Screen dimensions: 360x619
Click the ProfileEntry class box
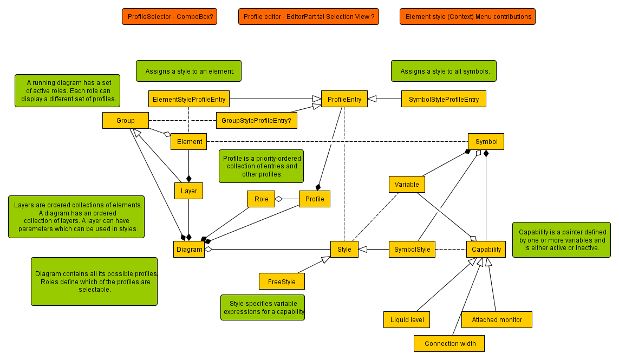344,99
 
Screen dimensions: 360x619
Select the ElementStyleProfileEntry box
189,99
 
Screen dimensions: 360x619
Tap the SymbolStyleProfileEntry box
444,99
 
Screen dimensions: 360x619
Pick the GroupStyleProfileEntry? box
256,120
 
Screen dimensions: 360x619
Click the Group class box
126,120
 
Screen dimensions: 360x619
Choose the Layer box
188,191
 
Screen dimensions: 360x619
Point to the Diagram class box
189,250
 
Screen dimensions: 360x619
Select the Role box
261,199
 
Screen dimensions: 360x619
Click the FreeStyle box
282,282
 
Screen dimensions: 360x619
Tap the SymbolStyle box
412,250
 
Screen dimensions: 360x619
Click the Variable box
407,184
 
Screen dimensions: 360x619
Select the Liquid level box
407,319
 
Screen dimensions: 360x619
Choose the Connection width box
449,343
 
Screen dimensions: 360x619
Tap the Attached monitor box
497,319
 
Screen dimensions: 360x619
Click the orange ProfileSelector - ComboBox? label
170,17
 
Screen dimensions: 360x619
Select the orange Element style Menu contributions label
468,17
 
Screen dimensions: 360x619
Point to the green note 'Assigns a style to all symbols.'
444,71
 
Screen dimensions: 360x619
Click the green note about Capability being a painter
562,240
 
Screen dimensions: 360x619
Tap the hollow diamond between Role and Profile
279,199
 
